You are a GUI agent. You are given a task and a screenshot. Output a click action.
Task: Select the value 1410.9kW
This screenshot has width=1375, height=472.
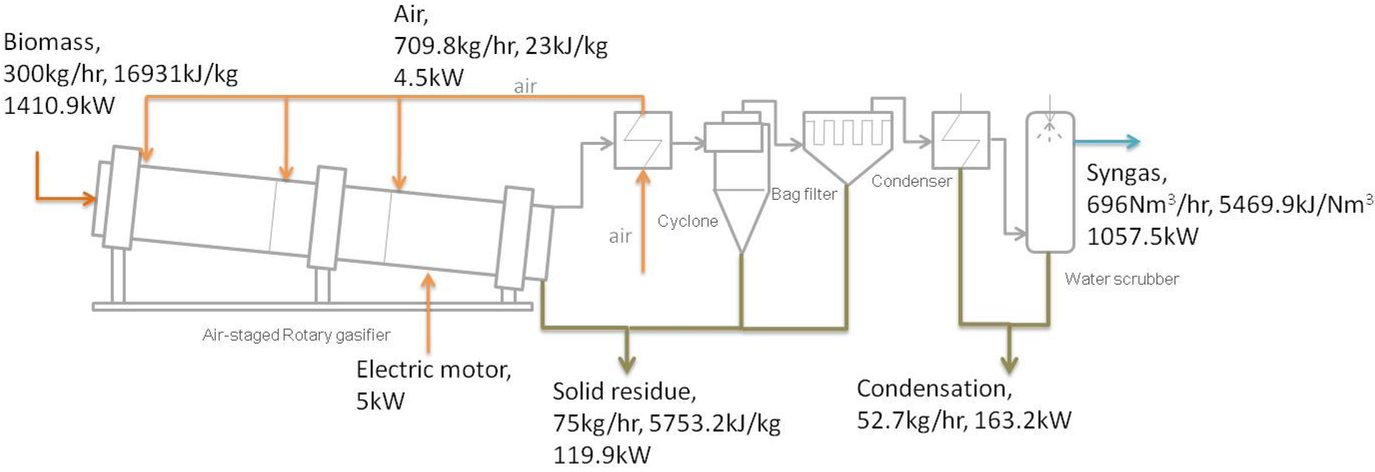click(59, 106)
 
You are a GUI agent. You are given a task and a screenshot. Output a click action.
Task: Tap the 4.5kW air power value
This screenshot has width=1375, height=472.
click(429, 77)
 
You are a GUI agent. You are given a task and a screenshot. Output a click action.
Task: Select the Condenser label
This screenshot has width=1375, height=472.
click(911, 181)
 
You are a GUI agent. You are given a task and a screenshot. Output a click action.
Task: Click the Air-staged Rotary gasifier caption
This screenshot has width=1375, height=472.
click(296, 335)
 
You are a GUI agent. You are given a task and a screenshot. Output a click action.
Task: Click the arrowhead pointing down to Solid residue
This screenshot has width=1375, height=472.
click(627, 364)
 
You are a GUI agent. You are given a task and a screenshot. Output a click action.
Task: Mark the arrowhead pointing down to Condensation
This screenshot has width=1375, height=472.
click(1008, 364)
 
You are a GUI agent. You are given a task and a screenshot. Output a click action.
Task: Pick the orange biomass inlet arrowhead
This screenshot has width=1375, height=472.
click(88, 199)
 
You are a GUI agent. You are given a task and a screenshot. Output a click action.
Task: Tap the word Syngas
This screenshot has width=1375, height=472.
click(1126, 173)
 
